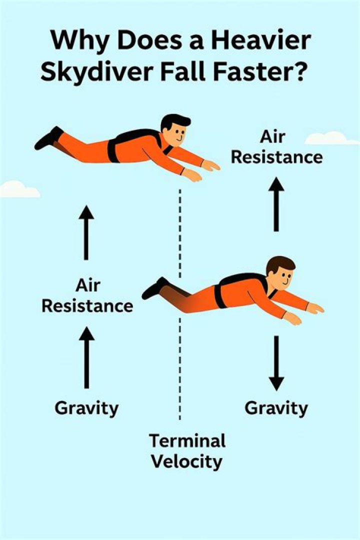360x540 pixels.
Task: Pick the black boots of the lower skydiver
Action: point(155,288)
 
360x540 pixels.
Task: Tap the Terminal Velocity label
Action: point(187,451)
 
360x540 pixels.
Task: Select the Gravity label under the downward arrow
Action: point(276,408)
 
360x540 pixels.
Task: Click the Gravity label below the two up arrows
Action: point(86,408)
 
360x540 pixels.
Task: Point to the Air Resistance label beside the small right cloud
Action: point(276,148)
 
